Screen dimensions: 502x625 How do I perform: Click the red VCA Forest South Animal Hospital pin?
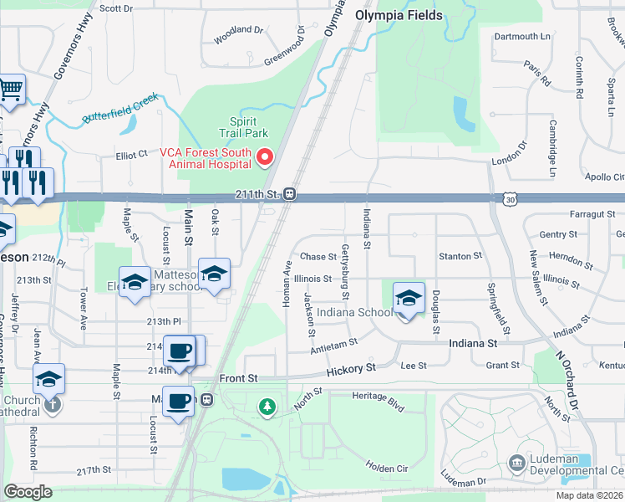266,156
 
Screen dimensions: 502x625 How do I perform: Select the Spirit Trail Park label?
243,127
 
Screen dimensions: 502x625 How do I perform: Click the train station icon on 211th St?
289,194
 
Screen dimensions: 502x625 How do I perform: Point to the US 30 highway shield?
510,199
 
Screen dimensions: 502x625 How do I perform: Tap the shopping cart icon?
10,89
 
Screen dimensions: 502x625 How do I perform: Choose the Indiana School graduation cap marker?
409,298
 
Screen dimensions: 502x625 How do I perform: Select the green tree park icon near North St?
267,407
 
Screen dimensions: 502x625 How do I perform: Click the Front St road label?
239,379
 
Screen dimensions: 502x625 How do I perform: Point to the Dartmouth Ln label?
522,37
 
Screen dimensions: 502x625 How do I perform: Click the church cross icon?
51,405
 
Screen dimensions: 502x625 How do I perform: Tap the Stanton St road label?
460,256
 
